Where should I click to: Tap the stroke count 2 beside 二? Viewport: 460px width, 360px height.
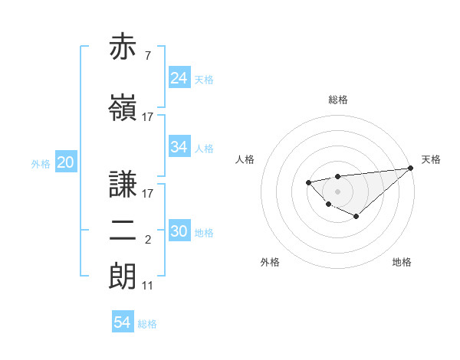148,241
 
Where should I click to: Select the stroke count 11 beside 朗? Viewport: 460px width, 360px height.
148,286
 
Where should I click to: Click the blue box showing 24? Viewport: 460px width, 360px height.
179,78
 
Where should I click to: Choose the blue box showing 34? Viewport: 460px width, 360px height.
179,147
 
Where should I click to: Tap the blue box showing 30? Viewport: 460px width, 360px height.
179,232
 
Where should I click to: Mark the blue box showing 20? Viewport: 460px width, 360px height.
66,162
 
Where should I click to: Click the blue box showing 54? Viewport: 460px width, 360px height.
123,323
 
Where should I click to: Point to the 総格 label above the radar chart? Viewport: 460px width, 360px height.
338,100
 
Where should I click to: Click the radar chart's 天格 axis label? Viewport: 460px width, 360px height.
431,159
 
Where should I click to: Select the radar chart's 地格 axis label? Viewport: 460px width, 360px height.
402,262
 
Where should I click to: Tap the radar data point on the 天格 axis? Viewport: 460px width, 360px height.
411,168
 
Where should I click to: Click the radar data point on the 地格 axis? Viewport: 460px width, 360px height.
356,217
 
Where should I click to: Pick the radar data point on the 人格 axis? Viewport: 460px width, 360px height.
308,182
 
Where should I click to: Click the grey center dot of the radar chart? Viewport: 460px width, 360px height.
338,191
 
